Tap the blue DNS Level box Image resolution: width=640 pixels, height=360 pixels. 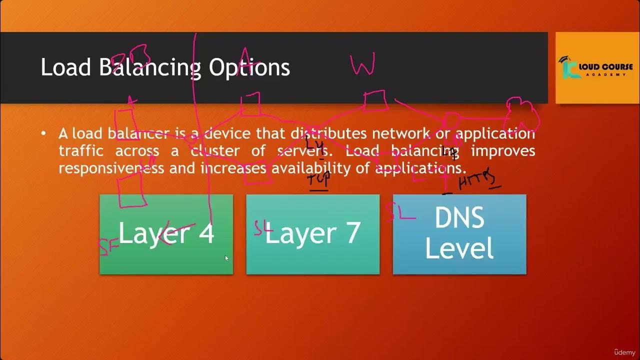tap(459, 234)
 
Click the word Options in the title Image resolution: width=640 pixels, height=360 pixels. tap(249, 67)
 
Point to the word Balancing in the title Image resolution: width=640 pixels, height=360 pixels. tap(149, 67)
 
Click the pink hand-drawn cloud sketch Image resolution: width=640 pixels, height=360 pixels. tap(522, 115)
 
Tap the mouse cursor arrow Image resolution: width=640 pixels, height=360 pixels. tap(226, 258)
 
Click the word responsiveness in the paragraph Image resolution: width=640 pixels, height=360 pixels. tap(111, 168)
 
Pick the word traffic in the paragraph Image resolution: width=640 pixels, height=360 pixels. tap(81, 151)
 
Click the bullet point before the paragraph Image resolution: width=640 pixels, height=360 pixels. tap(44, 133)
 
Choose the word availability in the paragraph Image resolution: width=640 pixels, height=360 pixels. tap(320, 168)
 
